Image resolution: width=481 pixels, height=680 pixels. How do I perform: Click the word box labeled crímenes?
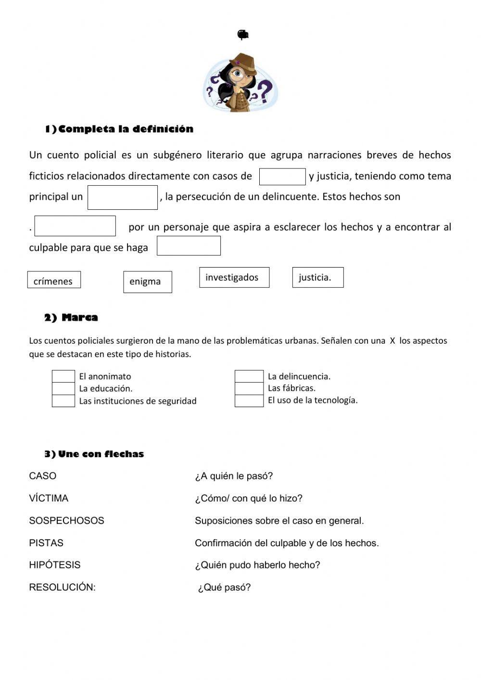pyautogui.click(x=54, y=280)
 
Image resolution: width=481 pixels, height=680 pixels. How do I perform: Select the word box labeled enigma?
pyautogui.click(x=148, y=282)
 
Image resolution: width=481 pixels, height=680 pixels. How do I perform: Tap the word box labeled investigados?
pyautogui.click(x=234, y=278)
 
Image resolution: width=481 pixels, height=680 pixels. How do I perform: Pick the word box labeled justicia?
pyautogui.click(x=318, y=278)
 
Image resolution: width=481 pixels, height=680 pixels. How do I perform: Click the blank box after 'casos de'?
pyautogui.click(x=282, y=177)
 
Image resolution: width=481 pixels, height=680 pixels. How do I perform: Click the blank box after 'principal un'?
pyautogui.click(x=123, y=198)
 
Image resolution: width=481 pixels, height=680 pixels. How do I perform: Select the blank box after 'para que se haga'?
pyautogui.click(x=189, y=246)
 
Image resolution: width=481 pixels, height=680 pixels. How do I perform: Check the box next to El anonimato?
pyautogui.click(x=63, y=376)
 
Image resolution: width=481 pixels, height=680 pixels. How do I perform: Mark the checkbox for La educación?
pyautogui.click(x=63, y=388)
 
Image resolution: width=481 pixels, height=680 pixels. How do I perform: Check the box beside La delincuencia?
pyautogui.click(x=249, y=376)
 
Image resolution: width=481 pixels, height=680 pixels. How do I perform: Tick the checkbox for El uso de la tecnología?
pyautogui.click(x=249, y=401)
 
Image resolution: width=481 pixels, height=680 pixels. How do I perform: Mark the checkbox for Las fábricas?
pyautogui.click(x=249, y=388)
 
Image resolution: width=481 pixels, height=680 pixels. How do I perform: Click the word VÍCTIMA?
pyautogui.click(x=49, y=498)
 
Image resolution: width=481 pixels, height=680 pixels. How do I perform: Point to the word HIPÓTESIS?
pyautogui.click(x=55, y=565)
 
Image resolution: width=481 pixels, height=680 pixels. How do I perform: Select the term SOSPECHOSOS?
pyautogui.click(x=66, y=521)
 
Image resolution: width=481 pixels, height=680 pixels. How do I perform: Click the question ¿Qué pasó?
pyautogui.click(x=224, y=588)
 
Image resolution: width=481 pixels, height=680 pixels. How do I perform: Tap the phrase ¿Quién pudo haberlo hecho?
pyautogui.click(x=257, y=565)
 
